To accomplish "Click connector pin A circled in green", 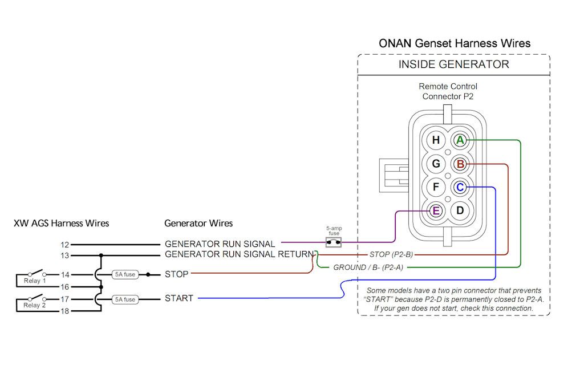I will (x=460, y=140).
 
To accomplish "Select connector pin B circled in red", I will (x=460, y=164).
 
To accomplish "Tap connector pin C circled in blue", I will (x=460, y=188).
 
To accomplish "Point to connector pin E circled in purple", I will (x=436, y=210).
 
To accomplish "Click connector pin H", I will (x=436, y=140).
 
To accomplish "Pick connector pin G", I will (x=436, y=164).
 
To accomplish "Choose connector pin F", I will (x=436, y=188).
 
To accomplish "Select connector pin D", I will (x=460, y=210).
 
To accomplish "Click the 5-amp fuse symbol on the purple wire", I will (x=333, y=242).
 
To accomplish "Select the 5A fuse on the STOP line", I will (x=125, y=274).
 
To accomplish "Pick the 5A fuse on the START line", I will (x=125, y=299).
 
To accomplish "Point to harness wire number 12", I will (x=64, y=245).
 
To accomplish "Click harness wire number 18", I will (x=64, y=311).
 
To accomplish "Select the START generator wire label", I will (x=179, y=298).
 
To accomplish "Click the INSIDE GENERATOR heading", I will (x=453, y=64).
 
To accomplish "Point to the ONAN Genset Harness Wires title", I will (x=455, y=43).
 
